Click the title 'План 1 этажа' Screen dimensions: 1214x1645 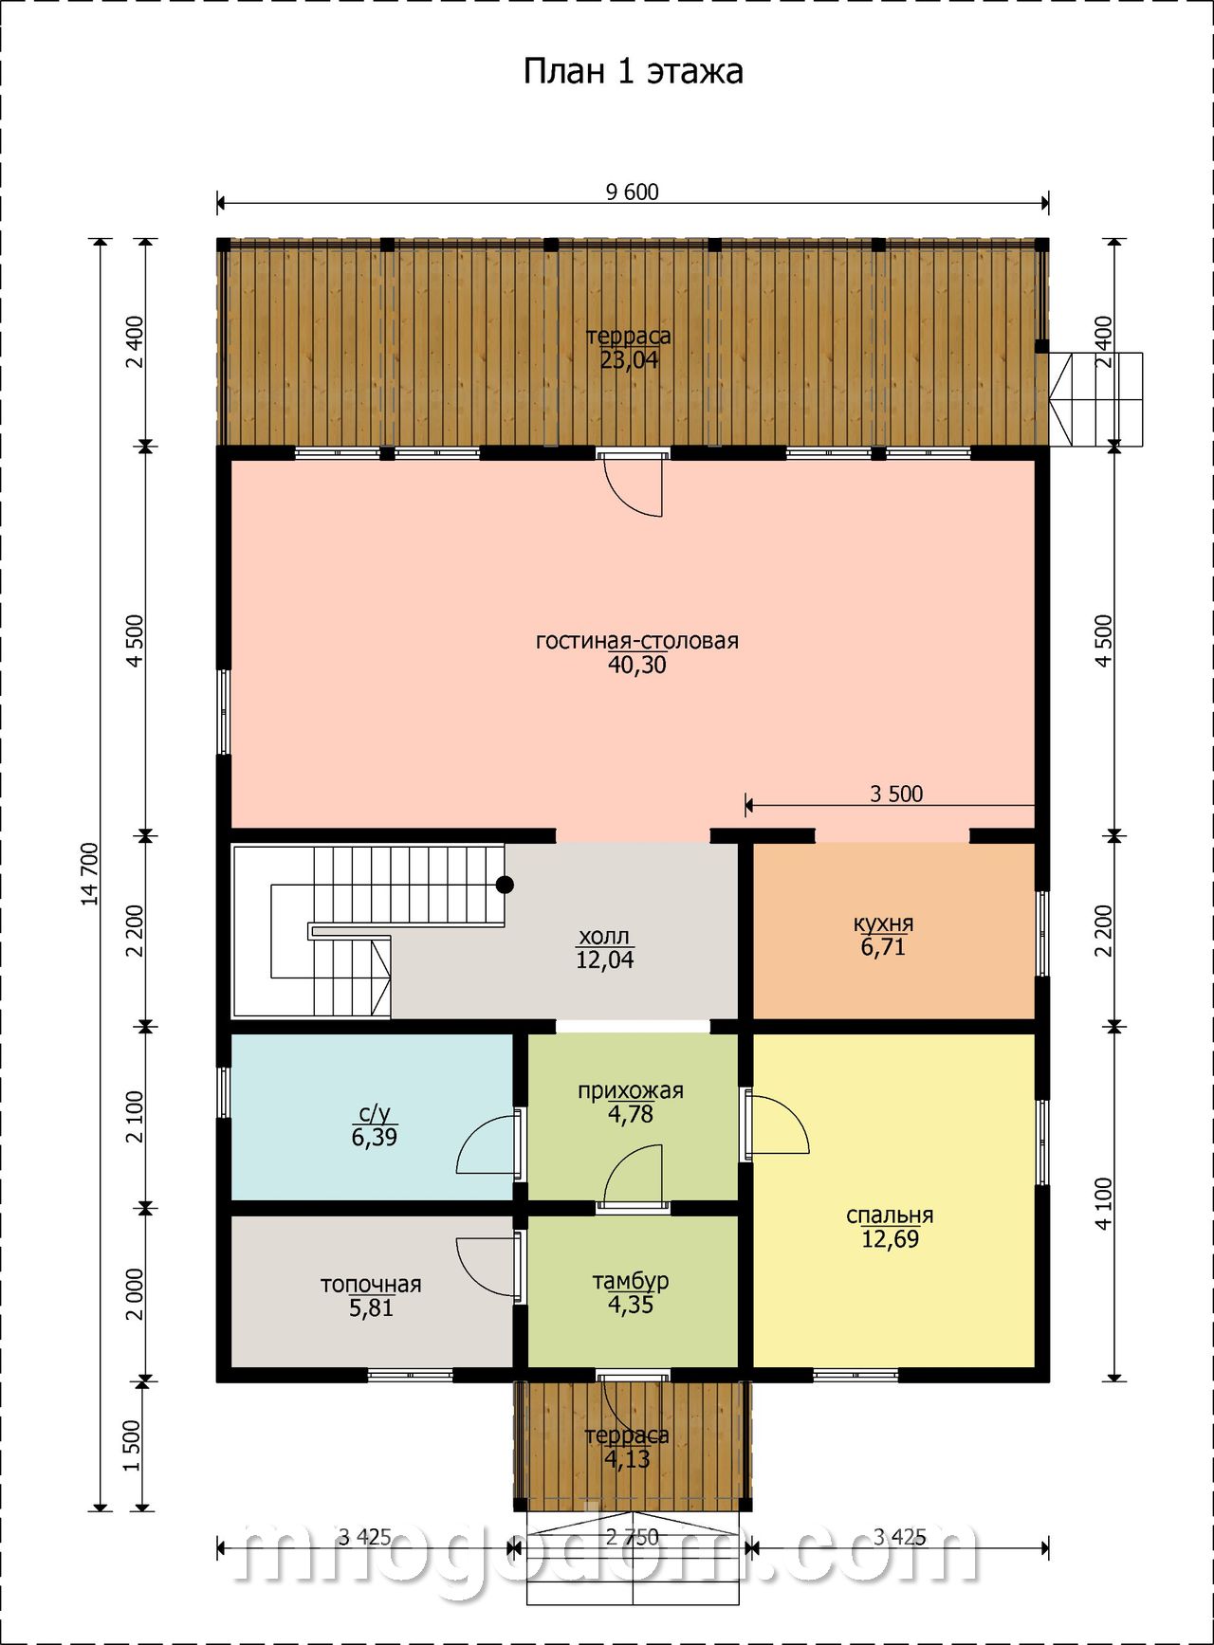click(x=633, y=72)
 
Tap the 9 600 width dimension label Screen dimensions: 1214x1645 click(x=632, y=192)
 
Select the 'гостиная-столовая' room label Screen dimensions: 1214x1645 click(x=637, y=641)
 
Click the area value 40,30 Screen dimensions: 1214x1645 click(x=637, y=666)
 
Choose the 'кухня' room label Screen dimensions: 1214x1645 click(x=883, y=923)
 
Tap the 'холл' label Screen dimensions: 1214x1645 click(x=604, y=938)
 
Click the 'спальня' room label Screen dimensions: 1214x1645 click(x=890, y=1215)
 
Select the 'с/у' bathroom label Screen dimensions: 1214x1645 click(x=374, y=1113)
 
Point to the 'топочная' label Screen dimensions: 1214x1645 click(x=371, y=1285)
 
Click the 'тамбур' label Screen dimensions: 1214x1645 click(x=631, y=1281)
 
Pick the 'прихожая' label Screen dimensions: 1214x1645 click(x=631, y=1090)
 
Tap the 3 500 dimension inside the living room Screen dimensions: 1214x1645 click(x=896, y=794)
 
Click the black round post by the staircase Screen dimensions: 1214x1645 click(x=506, y=885)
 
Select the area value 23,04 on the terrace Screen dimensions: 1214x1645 click(x=630, y=360)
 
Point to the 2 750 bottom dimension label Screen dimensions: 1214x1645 click(x=633, y=1537)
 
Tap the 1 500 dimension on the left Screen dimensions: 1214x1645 click(x=132, y=1445)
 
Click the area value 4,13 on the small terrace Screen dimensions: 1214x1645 click(x=628, y=1459)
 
